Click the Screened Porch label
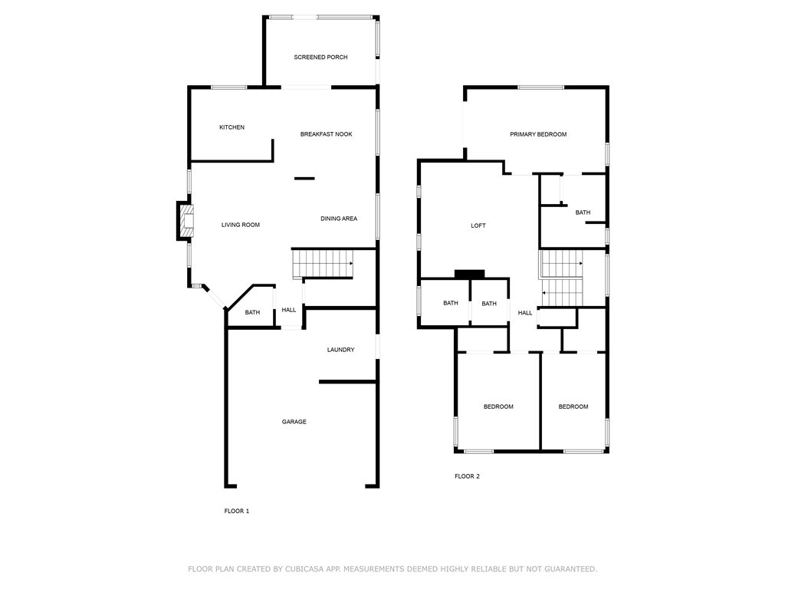320,58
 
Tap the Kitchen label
232,127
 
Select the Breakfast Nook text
326,134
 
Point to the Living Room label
241,225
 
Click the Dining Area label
339,219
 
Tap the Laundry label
340,350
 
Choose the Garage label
294,422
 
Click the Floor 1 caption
236,511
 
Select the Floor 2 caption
467,476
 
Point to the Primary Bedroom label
538,134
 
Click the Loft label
478,225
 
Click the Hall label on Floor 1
289,310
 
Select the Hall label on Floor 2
525,313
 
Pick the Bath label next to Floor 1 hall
252,312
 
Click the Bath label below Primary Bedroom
583,212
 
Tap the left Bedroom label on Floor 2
498,406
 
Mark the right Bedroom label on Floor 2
573,406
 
